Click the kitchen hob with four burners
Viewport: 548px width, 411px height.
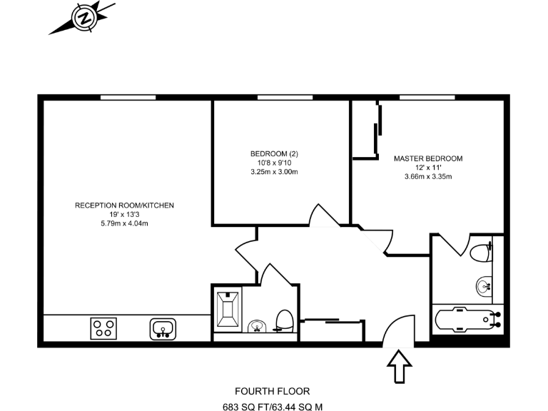point(103,329)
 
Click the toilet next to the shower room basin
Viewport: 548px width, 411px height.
point(284,320)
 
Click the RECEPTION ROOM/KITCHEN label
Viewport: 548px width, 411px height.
point(125,205)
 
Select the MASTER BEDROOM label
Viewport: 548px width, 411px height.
point(428,158)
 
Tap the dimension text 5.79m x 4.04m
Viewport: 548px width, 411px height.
point(125,223)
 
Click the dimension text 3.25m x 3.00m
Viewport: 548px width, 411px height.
point(274,172)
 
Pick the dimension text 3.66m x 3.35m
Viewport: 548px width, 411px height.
point(428,176)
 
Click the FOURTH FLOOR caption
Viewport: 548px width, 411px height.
point(273,391)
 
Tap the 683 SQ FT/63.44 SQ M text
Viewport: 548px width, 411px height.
point(273,407)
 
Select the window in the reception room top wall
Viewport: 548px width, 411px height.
point(128,97)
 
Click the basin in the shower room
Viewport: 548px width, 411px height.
point(257,327)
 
